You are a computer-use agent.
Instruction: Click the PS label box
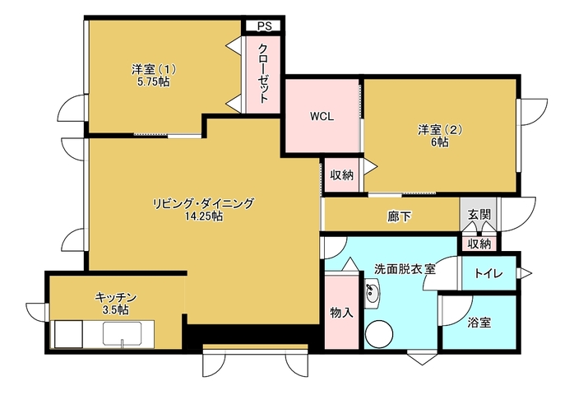pyautogui.click(x=263, y=26)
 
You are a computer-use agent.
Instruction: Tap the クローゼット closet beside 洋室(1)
pyautogui.click(x=263, y=74)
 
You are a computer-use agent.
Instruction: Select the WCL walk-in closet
pyautogui.click(x=322, y=116)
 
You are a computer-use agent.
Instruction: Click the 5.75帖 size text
pyautogui.click(x=154, y=82)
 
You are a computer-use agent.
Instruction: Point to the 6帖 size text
pyautogui.click(x=440, y=142)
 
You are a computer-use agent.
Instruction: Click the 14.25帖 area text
pyautogui.click(x=204, y=216)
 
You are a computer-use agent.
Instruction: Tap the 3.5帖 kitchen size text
pyautogui.click(x=116, y=310)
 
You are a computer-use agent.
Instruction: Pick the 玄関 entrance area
pyautogui.click(x=479, y=214)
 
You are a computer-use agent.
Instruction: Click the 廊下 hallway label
pyautogui.click(x=400, y=216)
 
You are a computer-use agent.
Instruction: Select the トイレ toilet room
pyautogui.click(x=488, y=273)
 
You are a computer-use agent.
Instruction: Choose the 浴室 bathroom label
pyautogui.click(x=479, y=323)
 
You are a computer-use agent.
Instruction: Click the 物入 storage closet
pyautogui.click(x=341, y=312)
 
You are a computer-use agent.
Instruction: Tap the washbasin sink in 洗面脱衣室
pyautogui.click(x=373, y=293)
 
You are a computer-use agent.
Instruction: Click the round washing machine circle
pyautogui.click(x=379, y=335)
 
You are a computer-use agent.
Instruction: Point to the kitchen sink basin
pyautogui.click(x=123, y=333)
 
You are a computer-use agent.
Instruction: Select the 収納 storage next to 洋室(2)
pyautogui.click(x=342, y=174)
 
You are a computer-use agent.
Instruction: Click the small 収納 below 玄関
pyautogui.click(x=479, y=244)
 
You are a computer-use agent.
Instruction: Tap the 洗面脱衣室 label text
pyautogui.click(x=405, y=269)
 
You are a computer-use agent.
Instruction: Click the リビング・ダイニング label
pyautogui.click(x=204, y=202)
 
